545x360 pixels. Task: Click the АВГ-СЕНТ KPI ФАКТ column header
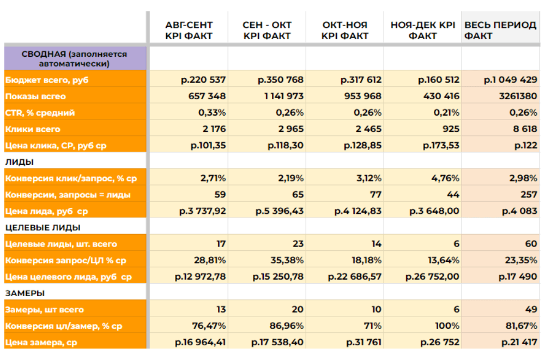pos(189,31)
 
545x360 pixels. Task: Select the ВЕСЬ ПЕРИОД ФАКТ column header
pos(500,31)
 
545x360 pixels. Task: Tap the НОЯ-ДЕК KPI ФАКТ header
pos(422,31)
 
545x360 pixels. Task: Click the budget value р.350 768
pos(281,80)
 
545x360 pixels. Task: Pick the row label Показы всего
pos(35,97)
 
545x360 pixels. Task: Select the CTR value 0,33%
pos(213,113)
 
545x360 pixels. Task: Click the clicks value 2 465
pos(366,129)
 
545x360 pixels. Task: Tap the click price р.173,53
pos(441,146)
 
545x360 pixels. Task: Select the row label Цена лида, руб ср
pos(47,211)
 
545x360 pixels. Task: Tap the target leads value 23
pos(297,244)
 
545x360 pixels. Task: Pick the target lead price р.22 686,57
pos(355,277)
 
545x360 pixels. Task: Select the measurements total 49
pos(531,309)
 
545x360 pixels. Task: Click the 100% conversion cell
pos(447,326)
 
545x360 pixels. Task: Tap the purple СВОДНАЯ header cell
pos(75,58)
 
